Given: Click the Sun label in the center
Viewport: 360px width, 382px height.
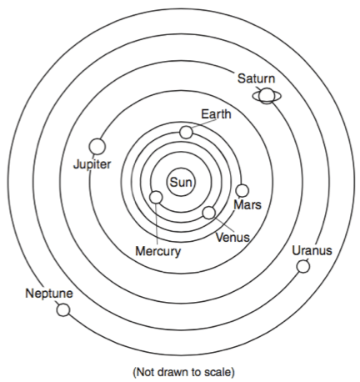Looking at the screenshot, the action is pyautogui.click(x=181, y=183).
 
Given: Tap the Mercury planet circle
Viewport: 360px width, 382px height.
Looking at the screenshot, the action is pyautogui.click(x=156, y=198).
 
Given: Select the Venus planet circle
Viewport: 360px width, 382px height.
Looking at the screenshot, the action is pyautogui.click(x=209, y=213).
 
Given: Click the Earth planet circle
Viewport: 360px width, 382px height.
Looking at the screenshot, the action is pyautogui.click(x=186, y=133).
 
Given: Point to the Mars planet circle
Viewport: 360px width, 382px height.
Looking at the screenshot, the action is pyautogui.click(x=242, y=191).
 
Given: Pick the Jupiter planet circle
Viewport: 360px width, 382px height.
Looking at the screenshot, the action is pyautogui.click(x=97, y=147).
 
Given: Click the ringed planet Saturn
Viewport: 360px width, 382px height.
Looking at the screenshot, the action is pyautogui.click(x=267, y=96).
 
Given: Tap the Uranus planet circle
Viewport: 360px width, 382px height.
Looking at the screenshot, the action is pyautogui.click(x=303, y=266).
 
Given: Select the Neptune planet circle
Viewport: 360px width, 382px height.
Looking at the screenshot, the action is pyautogui.click(x=63, y=309).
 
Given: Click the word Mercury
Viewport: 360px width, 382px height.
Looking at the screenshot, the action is pyautogui.click(x=158, y=251).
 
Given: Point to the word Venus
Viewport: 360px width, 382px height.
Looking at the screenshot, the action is pyautogui.click(x=232, y=238).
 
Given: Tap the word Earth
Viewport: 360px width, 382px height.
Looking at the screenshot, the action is pyautogui.click(x=216, y=114).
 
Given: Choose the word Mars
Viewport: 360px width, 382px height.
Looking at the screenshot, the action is pyautogui.click(x=247, y=205).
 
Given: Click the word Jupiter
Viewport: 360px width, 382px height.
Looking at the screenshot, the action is pyautogui.click(x=92, y=164).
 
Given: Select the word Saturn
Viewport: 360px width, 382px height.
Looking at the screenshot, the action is pyautogui.click(x=256, y=78).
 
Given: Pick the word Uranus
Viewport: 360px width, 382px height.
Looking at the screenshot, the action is pyautogui.click(x=312, y=250).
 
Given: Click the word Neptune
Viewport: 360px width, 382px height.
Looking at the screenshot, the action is pyautogui.click(x=49, y=294).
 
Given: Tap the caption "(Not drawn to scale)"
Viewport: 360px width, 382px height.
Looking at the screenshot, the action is pyautogui.click(x=184, y=372).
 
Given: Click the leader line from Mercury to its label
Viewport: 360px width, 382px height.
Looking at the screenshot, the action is pyautogui.click(x=157, y=224).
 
